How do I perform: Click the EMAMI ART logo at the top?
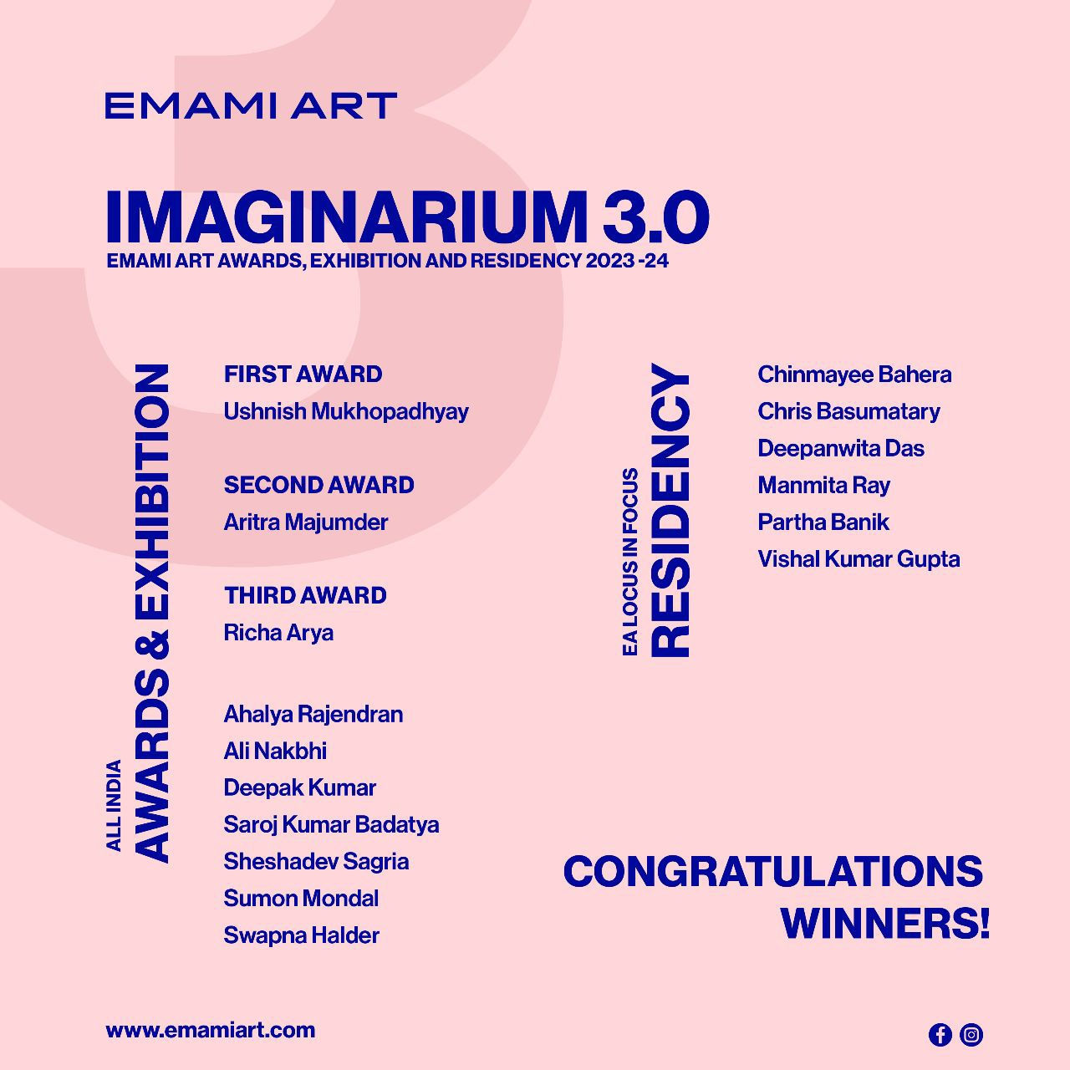click(x=250, y=106)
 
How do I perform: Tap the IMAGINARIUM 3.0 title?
click(x=407, y=217)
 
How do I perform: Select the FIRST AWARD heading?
click(x=303, y=374)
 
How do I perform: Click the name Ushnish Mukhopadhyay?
click(x=346, y=411)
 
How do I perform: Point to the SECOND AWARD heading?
click(x=318, y=485)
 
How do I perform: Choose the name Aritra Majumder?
click(x=305, y=522)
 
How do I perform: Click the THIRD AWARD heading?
click(x=305, y=595)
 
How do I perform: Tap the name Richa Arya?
click(x=278, y=633)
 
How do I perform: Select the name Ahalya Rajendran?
click(x=313, y=714)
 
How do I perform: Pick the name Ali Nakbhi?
click(x=275, y=751)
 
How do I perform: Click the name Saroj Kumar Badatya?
click(x=331, y=825)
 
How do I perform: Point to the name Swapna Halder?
click(x=301, y=935)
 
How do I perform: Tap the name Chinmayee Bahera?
click(x=854, y=374)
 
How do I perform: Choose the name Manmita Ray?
click(x=823, y=486)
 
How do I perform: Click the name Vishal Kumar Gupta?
click(x=859, y=559)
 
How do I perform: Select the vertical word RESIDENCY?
click(x=671, y=510)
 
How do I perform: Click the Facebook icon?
click(x=940, y=1035)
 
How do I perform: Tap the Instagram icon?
click(x=971, y=1035)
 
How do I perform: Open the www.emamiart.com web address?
click(x=211, y=1030)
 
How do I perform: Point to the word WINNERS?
click(x=884, y=924)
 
